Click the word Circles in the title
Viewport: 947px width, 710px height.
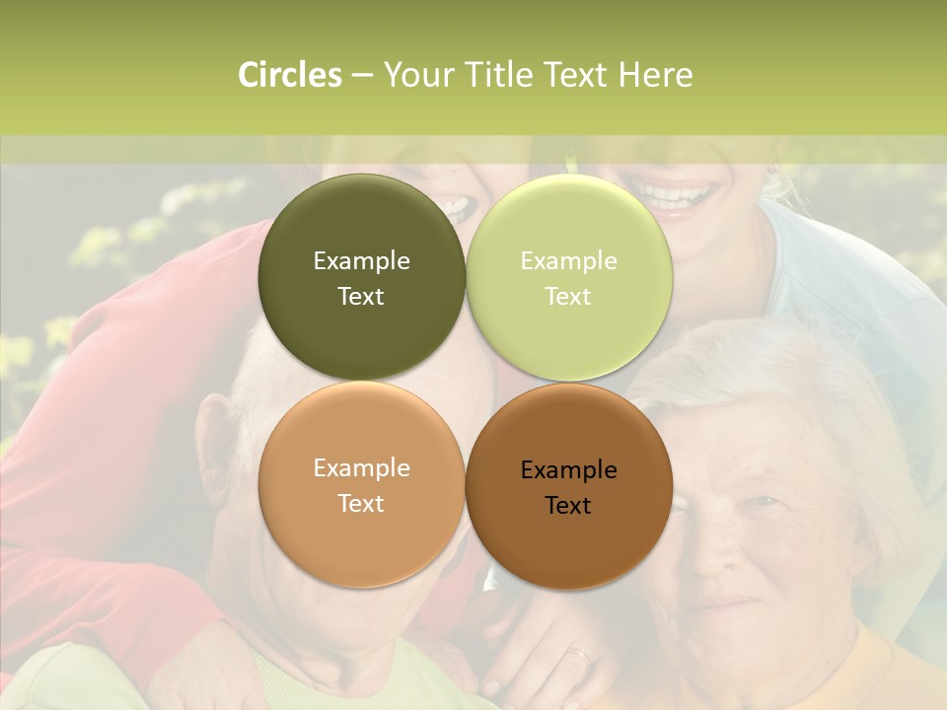(x=290, y=75)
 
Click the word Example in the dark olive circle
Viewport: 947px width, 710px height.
(x=361, y=260)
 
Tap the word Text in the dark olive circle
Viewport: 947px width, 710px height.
(x=361, y=296)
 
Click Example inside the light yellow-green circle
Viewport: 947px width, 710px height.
(x=569, y=260)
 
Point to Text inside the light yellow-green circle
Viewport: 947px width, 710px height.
(x=569, y=296)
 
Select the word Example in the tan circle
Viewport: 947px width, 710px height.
(x=361, y=467)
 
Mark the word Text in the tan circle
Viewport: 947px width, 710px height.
(x=361, y=503)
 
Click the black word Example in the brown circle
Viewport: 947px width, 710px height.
(x=569, y=469)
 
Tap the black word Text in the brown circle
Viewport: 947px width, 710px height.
(x=569, y=505)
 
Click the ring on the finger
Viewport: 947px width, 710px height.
(x=580, y=653)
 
